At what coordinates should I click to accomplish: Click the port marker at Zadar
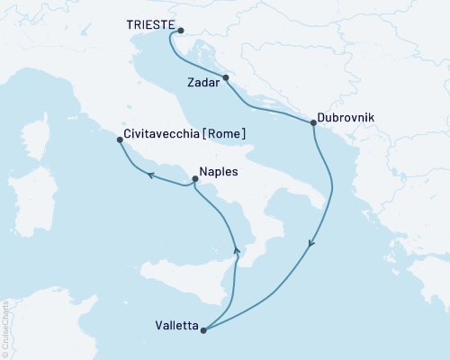tap(226, 77)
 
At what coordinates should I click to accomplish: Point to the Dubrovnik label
tap(346, 118)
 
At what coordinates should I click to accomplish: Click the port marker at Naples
tap(195, 179)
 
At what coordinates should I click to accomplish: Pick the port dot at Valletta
tap(204, 330)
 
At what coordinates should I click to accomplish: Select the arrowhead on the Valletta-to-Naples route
tap(238, 253)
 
